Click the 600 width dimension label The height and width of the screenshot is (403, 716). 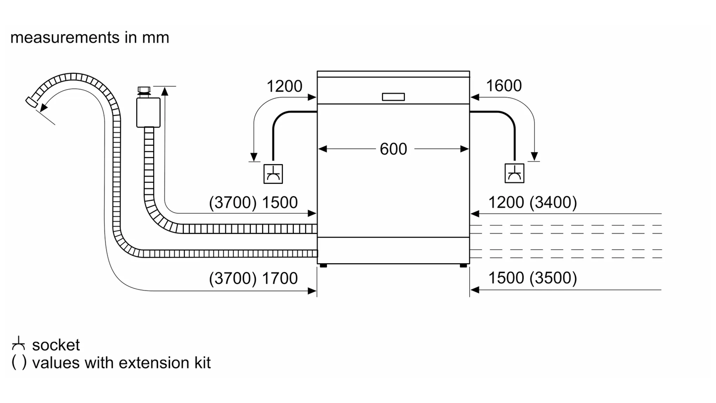click(x=393, y=149)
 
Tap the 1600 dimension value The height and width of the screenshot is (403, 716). click(x=503, y=86)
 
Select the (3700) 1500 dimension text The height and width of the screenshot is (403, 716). click(x=253, y=202)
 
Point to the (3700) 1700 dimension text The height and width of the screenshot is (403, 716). click(x=253, y=279)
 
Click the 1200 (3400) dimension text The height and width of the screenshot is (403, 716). click(x=533, y=202)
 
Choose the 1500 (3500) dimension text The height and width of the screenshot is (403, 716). click(x=533, y=278)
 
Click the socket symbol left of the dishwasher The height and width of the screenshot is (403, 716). click(x=273, y=174)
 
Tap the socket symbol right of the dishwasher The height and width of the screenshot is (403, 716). click(x=515, y=173)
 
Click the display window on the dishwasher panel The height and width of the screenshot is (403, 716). click(x=393, y=97)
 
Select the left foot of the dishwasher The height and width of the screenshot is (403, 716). click(x=323, y=266)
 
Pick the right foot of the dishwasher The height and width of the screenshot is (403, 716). click(x=463, y=266)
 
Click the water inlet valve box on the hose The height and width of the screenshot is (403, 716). click(x=148, y=113)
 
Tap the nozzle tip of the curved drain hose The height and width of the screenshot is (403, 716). click(x=31, y=102)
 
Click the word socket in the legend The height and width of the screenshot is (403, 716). click(x=55, y=345)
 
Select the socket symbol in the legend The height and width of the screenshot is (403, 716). click(x=18, y=343)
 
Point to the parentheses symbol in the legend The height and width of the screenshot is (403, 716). click(x=19, y=362)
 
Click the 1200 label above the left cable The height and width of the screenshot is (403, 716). click(x=284, y=86)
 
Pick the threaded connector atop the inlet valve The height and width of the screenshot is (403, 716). click(x=144, y=90)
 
